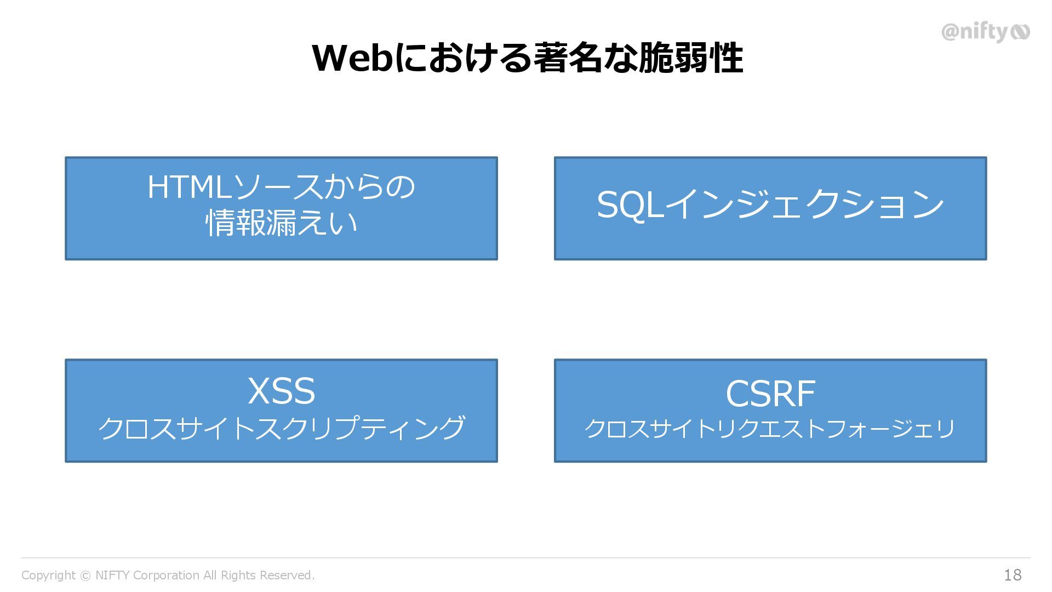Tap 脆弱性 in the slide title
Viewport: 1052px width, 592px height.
(691, 58)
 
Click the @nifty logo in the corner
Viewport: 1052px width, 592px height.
(985, 32)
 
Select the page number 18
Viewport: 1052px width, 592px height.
(1013, 575)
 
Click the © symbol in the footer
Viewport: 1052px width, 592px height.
(85, 576)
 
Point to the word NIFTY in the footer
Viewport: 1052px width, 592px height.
(112, 576)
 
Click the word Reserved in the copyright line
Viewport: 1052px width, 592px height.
(287, 576)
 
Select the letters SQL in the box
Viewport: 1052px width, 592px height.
(630, 205)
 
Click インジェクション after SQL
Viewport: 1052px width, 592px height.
(804, 205)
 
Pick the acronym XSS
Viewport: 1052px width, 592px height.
(281, 391)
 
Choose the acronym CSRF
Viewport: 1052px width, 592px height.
(770, 394)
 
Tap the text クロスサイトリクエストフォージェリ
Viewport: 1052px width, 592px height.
(770, 429)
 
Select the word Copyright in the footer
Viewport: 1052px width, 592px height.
(48, 576)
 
